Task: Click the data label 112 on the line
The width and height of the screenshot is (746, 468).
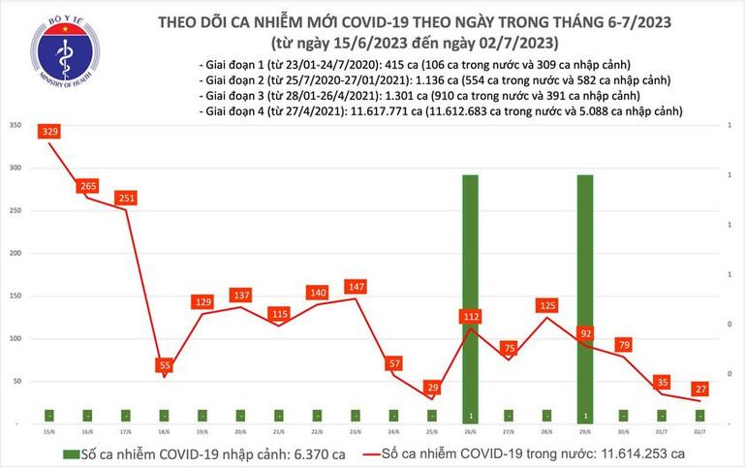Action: click(470, 316)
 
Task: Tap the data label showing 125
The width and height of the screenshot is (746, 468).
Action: click(546, 306)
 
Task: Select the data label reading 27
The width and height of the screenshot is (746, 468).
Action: click(699, 390)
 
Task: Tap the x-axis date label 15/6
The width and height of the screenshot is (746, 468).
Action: click(48, 433)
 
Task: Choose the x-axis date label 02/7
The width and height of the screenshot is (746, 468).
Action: click(699, 433)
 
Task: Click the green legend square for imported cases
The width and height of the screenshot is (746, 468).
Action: click(72, 453)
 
